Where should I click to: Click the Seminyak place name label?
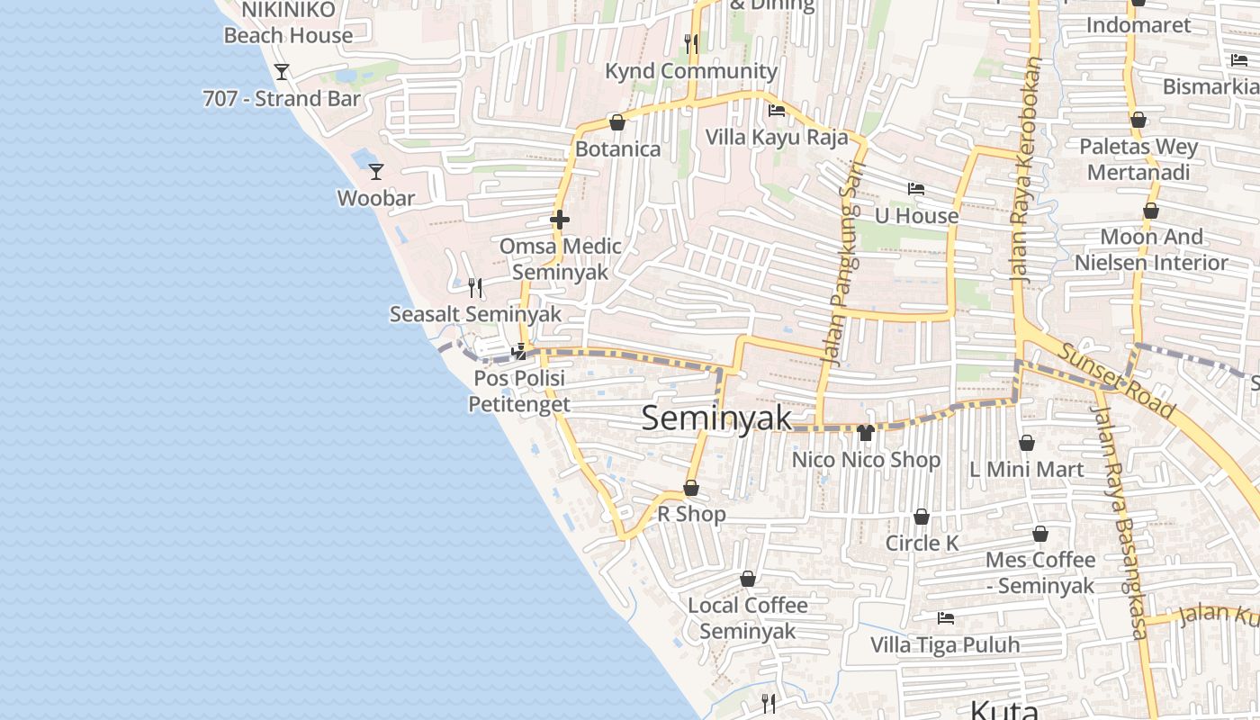coord(717,418)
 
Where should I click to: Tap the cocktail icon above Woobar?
coord(376,171)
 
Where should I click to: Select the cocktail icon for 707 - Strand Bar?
coord(282,72)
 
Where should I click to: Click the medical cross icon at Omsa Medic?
coord(560,219)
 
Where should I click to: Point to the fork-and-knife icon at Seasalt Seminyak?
coord(475,288)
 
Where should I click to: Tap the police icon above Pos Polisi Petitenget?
coord(518,351)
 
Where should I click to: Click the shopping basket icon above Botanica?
coord(617,122)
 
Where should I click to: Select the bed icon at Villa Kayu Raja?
coord(777,111)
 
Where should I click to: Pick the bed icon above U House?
coord(916,189)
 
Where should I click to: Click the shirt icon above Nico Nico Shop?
coord(866,433)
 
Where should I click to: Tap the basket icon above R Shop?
coord(691,488)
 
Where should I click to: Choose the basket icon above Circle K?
coord(922,517)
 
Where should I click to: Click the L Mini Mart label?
coord(1026,469)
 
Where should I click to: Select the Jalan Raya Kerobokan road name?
coord(1025,171)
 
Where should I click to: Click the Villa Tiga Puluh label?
coord(945,644)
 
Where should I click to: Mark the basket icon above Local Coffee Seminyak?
coord(747,579)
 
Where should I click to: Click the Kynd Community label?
coord(690,71)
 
